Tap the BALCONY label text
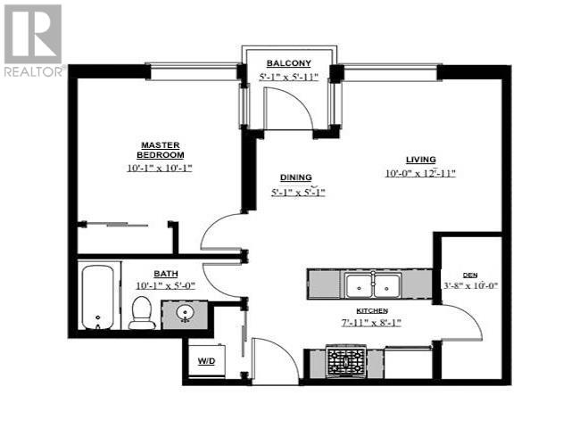click(x=288, y=63)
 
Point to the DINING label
click(x=297, y=177)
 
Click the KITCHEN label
click(x=374, y=309)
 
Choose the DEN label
click(x=470, y=275)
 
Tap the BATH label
click(x=167, y=274)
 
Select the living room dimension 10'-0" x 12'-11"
click(x=420, y=173)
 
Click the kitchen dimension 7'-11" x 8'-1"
click(x=374, y=322)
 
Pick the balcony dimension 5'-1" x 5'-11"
click(x=288, y=78)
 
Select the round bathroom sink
click(x=186, y=314)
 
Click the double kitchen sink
click(x=373, y=286)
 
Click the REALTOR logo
click(x=32, y=39)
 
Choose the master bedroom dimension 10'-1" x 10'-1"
click(x=160, y=167)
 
